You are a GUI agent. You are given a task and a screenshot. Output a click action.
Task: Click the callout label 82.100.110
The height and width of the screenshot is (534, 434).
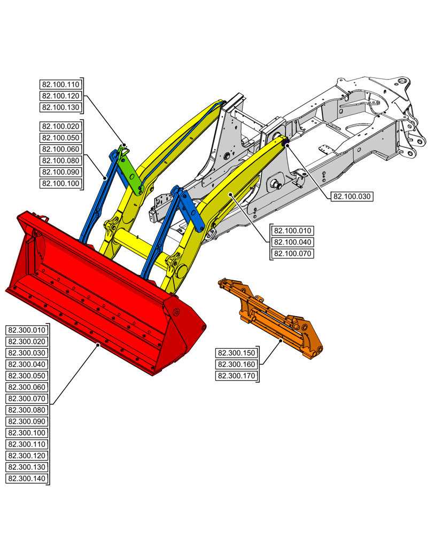pyautogui.click(x=60, y=84)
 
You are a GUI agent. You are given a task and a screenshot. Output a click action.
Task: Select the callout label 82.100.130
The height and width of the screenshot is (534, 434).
pyautogui.click(x=60, y=107)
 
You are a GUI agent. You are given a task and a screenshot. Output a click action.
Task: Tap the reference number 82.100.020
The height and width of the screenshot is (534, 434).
pyautogui.click(x=60, y=127)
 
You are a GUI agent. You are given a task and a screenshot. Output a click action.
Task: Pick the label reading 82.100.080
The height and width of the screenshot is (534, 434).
pyautogui.click(x=60, y=161)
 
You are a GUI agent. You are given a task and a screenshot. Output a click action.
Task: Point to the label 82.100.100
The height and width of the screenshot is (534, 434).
pyautogui.click(x=60, y=184)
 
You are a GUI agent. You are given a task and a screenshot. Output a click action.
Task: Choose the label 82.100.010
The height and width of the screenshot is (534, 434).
pyautogui.click(x=292, y=231)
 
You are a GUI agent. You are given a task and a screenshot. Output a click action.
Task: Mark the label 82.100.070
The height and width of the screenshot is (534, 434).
pyautogui.click(x=292, y=254)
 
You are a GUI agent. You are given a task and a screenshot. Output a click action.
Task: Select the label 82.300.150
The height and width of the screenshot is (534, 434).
pyautogui.click(x=236, y=353)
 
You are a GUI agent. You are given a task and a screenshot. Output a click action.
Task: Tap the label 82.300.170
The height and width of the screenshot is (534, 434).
pyautogui.click(x=236, y=376)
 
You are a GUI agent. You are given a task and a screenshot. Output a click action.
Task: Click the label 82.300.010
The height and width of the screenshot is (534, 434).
pyautogui.click(x=26, y=330)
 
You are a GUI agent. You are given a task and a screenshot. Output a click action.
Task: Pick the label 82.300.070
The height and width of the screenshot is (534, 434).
pyautogui.click(x=26, y=399)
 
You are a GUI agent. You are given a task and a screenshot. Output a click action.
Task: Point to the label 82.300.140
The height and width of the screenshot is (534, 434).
pyautogui.click(x=26, y=479)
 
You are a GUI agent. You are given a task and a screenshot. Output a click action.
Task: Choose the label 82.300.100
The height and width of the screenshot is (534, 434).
pyautogui.click(x=26, y=433)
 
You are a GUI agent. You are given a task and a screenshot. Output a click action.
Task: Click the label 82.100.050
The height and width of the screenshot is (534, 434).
pyautogui.click(x=60, y=138)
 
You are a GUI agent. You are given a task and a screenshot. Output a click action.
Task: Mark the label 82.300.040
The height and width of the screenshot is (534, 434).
pyautogui.click(x=26, y=364)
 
